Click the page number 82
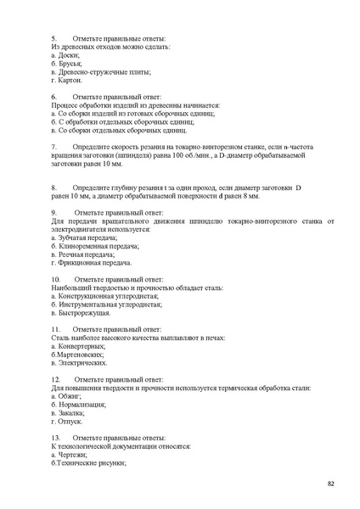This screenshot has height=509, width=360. coord(330,484)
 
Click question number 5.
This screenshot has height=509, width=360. coord(53,37)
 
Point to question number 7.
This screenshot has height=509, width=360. coord(53,146)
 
